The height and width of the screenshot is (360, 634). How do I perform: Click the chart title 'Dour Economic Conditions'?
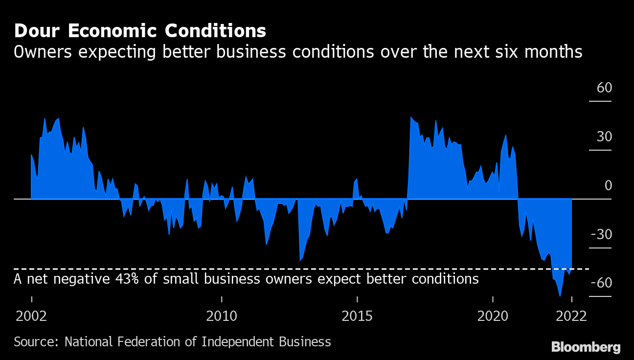click(140, 31)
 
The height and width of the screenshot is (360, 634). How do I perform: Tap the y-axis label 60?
click(604, 88)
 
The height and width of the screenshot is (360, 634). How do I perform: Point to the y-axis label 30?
click(604, 137)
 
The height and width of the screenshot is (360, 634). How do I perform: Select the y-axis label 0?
click(608, 186)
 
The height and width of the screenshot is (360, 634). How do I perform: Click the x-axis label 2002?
click(31, 316)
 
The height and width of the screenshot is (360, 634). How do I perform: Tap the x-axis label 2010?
click(222, 316)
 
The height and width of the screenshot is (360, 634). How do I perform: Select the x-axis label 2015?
click(357, 316)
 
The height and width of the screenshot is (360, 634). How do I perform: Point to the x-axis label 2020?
click(493, 316)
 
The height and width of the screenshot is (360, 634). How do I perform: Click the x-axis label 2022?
click(571, 316)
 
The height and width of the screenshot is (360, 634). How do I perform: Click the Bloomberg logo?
click(586, 347)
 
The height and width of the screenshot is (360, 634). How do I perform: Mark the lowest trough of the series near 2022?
click(560, 296)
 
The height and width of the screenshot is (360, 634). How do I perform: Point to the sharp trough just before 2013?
click(300, 261)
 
